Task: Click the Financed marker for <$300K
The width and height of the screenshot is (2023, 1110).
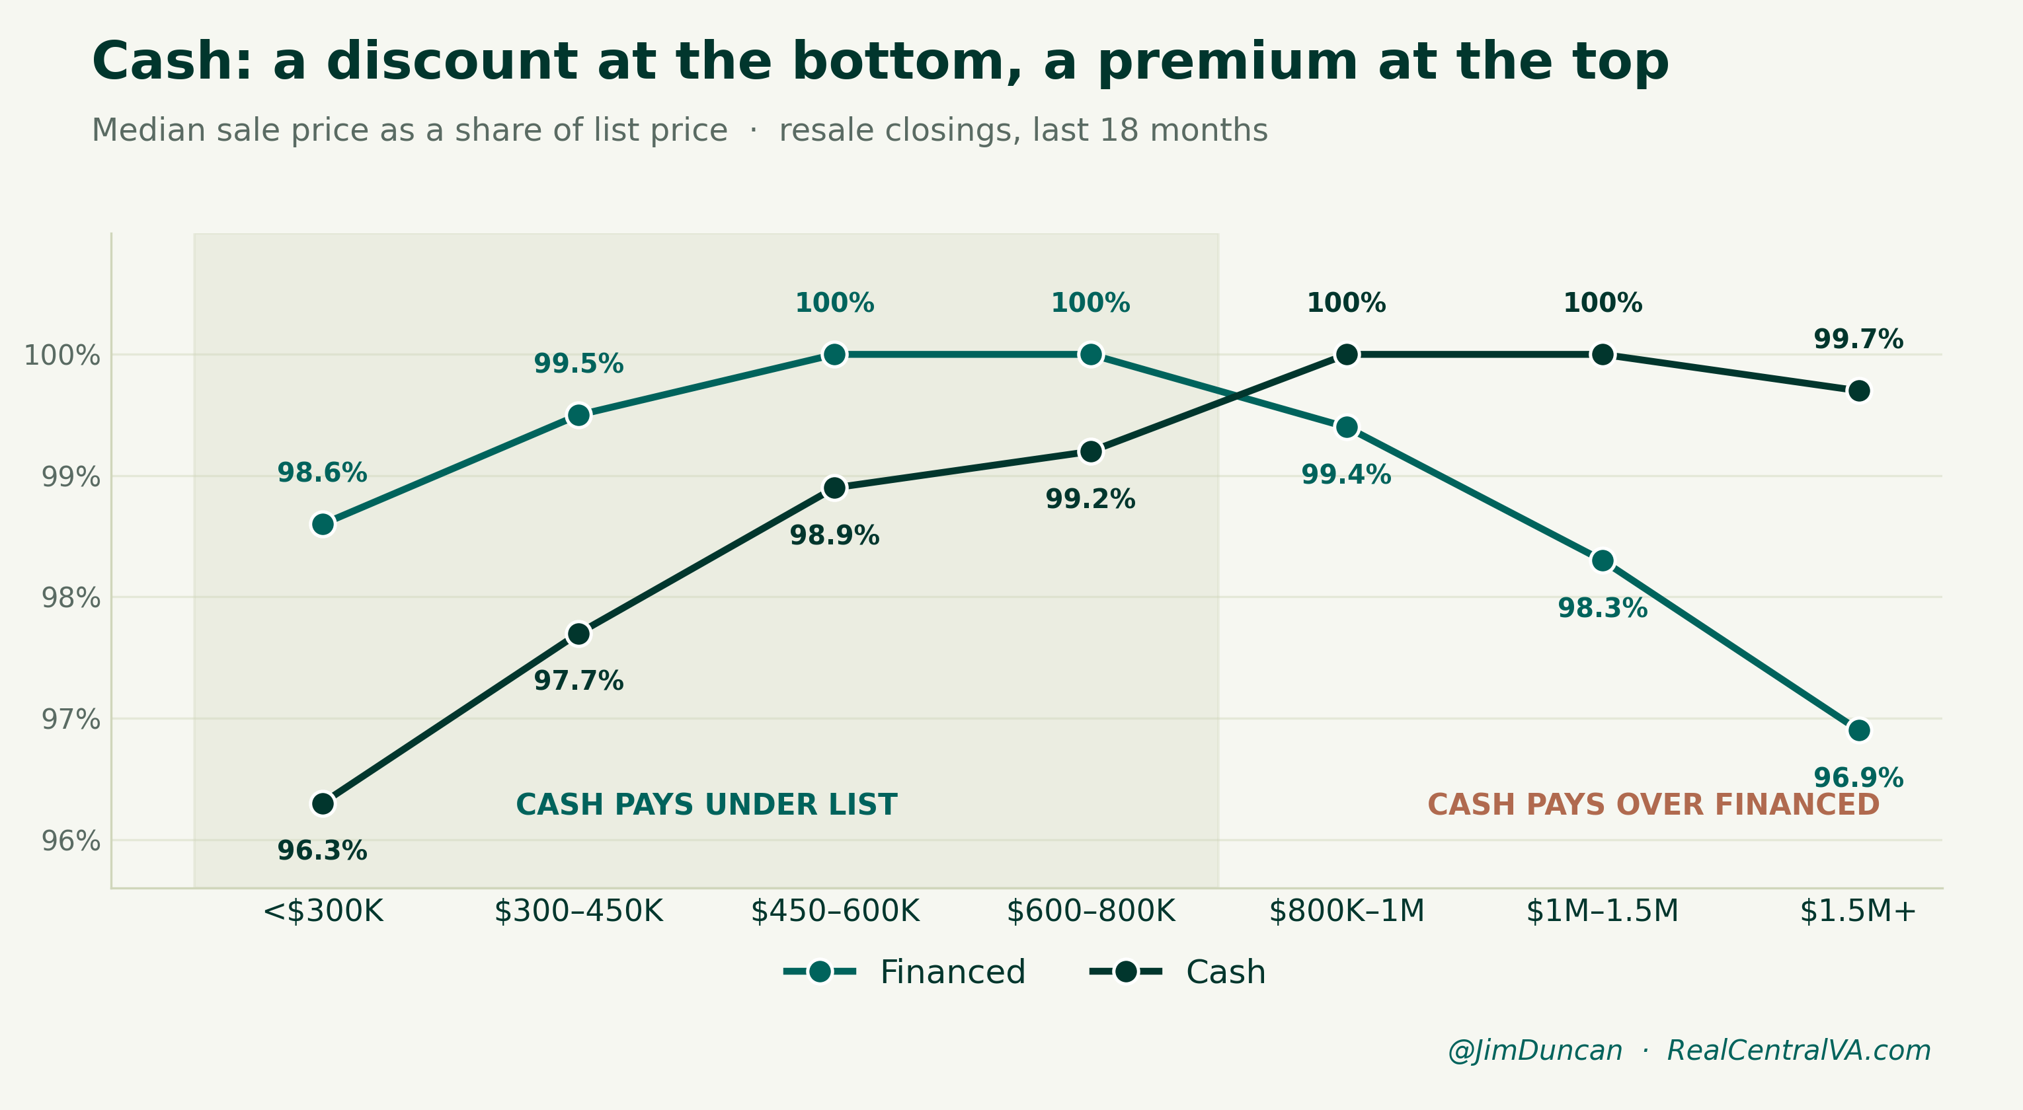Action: click(x=323, y=525)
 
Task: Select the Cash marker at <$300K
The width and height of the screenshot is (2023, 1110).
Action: click(x=323, y=804)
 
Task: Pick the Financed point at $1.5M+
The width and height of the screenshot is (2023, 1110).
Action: click(x=1859, y=731)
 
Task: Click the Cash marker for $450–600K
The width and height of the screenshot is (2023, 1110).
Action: click(x=835, y=488)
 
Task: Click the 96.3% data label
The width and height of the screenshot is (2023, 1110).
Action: click(x=323, y=851)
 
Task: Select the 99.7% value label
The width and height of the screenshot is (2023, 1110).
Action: click(x=1859, y=340)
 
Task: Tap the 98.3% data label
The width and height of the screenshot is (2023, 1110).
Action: click(x=1603, y=609)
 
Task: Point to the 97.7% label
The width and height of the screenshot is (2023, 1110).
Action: click(x=578, y=681)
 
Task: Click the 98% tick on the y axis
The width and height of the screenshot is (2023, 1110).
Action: click(x=71, y=598)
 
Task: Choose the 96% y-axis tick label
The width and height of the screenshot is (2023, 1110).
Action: click(x=71, y=840)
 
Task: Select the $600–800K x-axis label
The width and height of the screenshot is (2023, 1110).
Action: click(x=1091, y=911)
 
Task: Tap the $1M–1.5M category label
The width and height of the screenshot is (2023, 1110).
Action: click(x=1603, y=911)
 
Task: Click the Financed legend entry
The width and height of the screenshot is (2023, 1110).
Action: click(x=904, y=972)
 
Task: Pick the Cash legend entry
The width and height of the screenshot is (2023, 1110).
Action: click(x=1178, y=972)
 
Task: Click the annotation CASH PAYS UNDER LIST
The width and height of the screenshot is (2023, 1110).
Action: click(x=706, y=805)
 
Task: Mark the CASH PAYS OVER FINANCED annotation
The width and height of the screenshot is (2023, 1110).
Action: click(x=1653, y=805)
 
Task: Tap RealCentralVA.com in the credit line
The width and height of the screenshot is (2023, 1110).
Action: click(x=1798, y=1051)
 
